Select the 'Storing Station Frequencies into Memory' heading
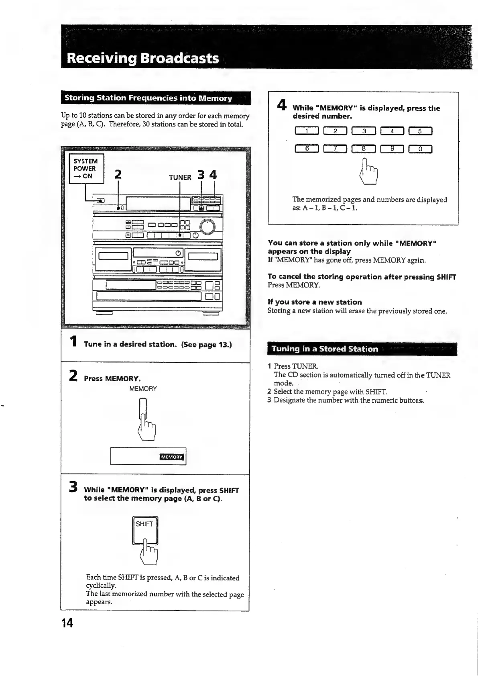click(148, 98)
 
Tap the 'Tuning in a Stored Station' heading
click(325, 349)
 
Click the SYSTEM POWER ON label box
click(86, 169)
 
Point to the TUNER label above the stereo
click(180, 177)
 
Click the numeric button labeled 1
click(307, 131)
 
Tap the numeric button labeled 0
click(420, 149)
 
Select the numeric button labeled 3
click(364, 131)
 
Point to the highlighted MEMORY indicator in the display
click(172, 457)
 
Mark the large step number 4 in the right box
click(282, 105)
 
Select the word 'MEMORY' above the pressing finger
click(143, 388)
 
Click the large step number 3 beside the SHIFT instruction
click(73, 487)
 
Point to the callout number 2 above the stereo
click(118, 174)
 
